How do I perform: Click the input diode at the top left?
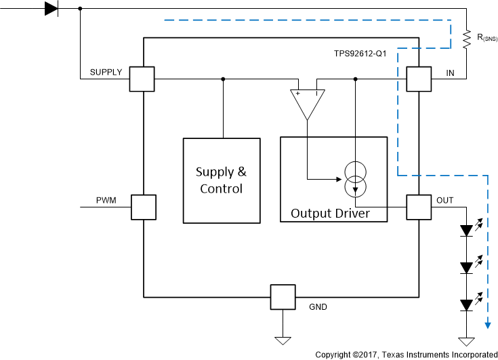(x=51, y=9)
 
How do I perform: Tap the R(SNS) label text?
(x=484, y=38)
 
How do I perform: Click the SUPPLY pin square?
(x=142, y=79)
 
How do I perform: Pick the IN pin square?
(x=419, y=79)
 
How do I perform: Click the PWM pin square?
(x=143, y=207)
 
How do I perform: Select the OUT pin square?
(x=419, y=207)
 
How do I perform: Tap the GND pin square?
(x=283, y=296)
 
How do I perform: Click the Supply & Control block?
(x=222, y=180)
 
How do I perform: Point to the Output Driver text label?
(x=331, y=214)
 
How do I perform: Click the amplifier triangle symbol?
(x=307, y=104)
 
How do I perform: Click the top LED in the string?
(x=466, y=231)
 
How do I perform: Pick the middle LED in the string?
(x=466, y=268)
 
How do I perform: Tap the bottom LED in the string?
(x=466, y=305)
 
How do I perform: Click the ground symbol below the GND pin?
(x=283, y=340)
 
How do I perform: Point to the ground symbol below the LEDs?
(x=466, y=340)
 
